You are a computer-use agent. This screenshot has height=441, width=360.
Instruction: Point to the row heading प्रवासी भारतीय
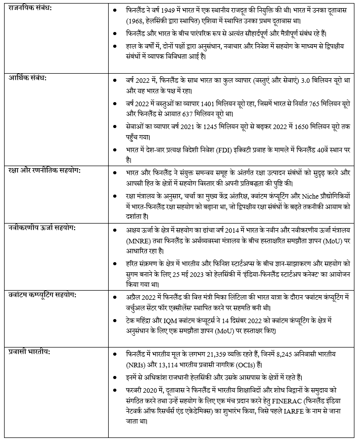pyautogui.click(x=29, y=351)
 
